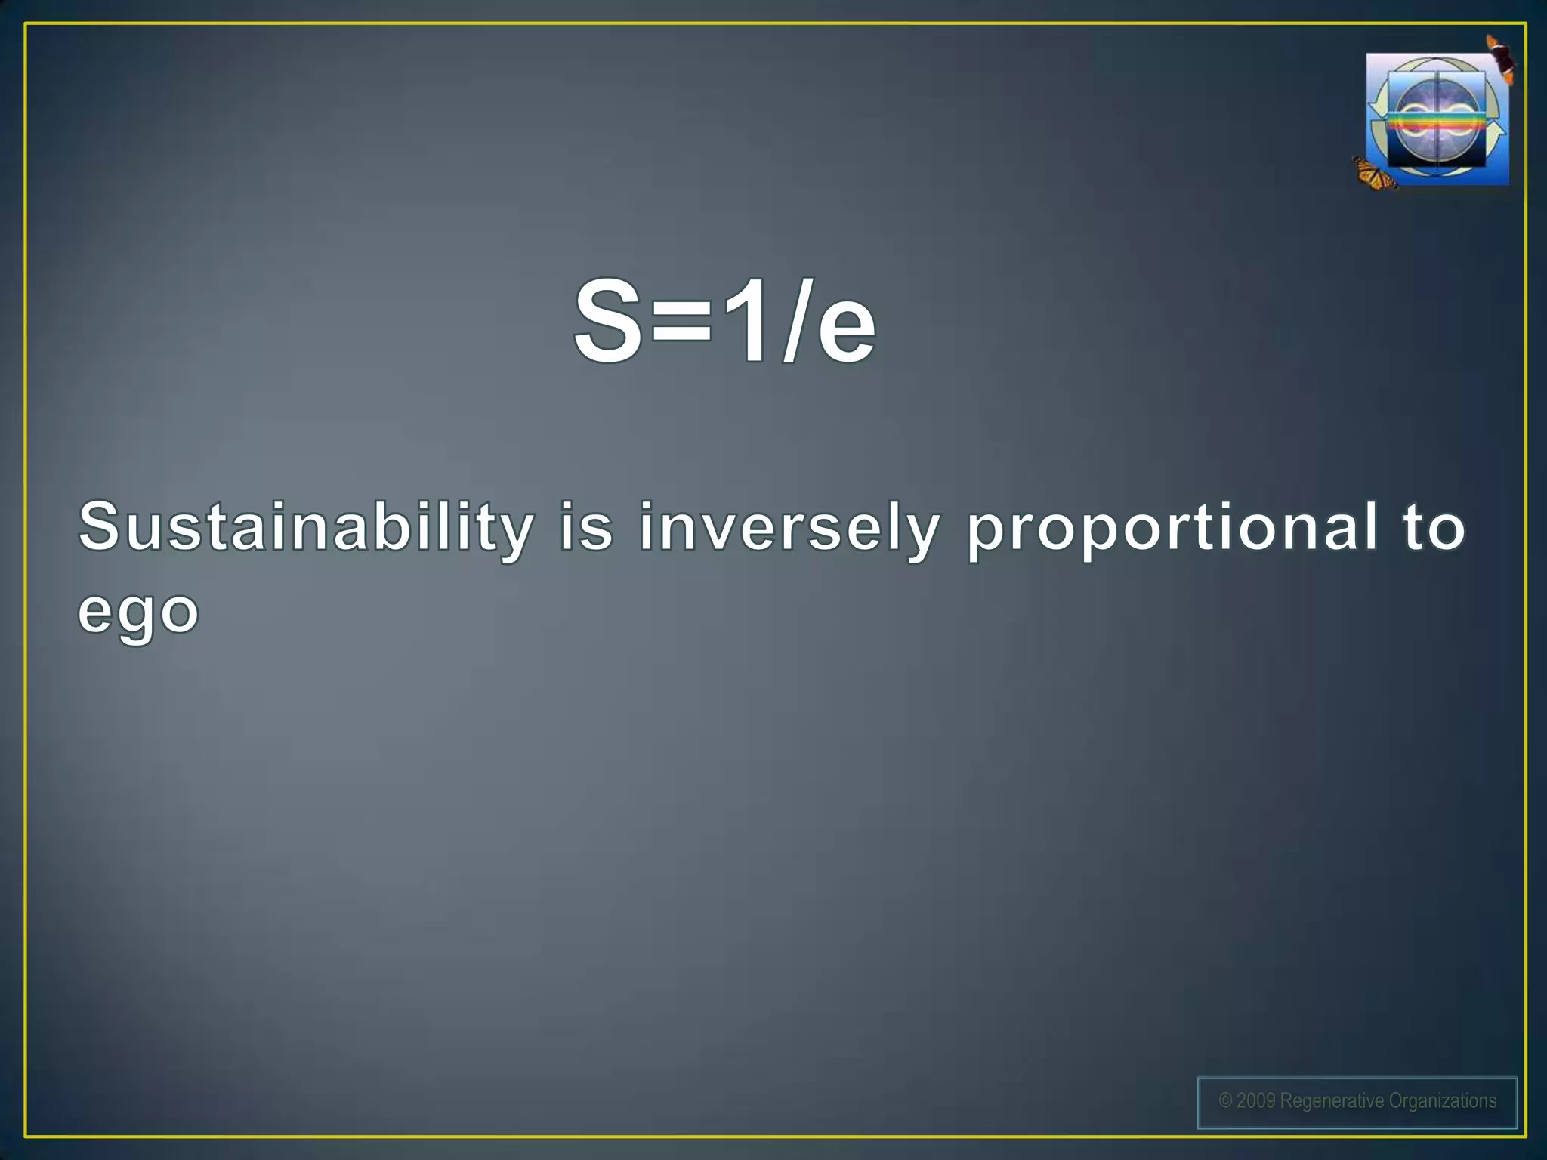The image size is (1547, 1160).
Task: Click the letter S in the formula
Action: point(608,321)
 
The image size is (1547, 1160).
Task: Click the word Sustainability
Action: point(306,529)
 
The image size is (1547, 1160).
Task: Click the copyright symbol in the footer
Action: point(1225,1101)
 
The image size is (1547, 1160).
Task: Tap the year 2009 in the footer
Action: point(1256,1101)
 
